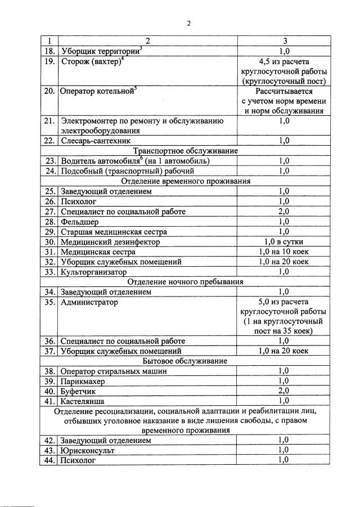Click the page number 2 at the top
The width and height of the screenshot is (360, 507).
(x=189, y=23)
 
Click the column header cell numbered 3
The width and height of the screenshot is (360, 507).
(x=284, y=41)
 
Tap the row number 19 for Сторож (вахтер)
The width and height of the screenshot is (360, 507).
(x=49, y=61)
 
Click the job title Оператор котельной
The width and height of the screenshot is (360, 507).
(x=97, y=91)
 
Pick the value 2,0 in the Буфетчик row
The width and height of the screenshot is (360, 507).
(x=284, y=391)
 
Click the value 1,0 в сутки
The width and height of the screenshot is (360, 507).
(x=284, y=242)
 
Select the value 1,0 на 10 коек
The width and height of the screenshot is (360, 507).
(x=284, y=252)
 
